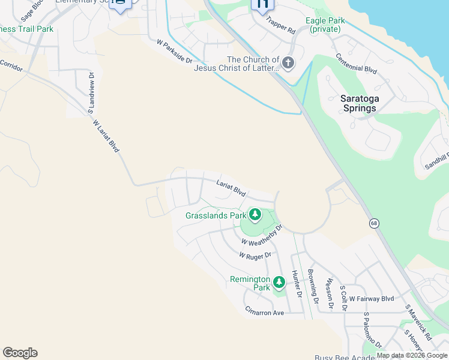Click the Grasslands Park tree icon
tap(255, 214)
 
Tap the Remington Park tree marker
tap(279, 282)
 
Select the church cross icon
tap(288, 63)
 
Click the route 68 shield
tap(375, 223)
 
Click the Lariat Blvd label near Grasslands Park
tap(231, 188)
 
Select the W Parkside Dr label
tap(174, 52)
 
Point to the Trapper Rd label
tap(281, 27)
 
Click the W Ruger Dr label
tap(255, 255)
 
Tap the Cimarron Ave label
tap(264, 313)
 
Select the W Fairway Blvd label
tap(371, 298)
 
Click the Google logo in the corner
tap(20, 353)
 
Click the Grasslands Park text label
tap(216, 215)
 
